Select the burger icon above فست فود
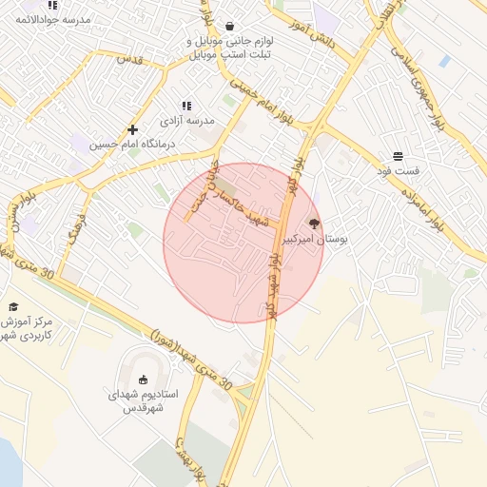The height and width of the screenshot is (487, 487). click(x=396, y=155)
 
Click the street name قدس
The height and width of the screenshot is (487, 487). click(x=128, y=59)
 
